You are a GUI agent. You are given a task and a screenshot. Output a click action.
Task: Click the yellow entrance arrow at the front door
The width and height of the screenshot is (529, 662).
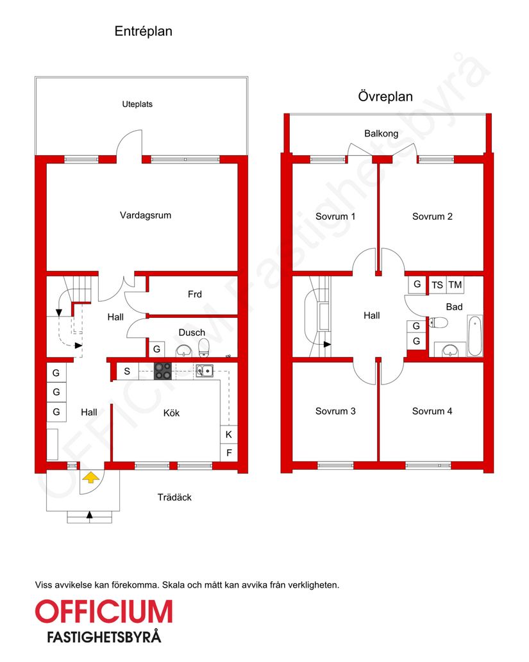coord(91,477)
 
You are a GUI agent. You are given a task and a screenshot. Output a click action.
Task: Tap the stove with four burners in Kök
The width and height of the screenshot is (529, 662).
coord(163,371)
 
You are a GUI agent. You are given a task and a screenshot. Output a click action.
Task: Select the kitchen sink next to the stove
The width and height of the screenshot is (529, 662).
coord(206,370)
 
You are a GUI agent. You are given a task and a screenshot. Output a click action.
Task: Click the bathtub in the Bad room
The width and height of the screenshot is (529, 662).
coord(474,335)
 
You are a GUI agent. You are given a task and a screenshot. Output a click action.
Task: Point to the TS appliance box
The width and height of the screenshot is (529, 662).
coord(437,285)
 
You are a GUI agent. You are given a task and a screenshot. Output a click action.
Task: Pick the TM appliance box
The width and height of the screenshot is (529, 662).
coord(455,285)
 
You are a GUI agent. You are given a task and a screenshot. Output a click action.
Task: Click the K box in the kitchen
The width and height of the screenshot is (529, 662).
coord(228,434)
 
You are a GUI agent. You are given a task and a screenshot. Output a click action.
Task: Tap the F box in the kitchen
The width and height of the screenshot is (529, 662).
coord(228,452)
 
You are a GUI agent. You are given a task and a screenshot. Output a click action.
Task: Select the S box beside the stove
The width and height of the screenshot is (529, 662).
coord(127,371)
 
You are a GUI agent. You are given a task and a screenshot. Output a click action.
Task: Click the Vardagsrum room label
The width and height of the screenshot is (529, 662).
coord(146,215)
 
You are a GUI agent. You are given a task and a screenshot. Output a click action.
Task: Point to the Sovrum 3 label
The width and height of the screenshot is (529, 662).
coord(335,411)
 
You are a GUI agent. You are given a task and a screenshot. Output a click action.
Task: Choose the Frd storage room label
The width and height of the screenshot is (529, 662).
coord(195,294)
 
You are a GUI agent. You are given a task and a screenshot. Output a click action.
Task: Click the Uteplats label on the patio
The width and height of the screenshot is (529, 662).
coord(137,104)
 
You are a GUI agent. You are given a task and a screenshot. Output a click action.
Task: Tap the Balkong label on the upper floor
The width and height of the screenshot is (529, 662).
coord(381,134)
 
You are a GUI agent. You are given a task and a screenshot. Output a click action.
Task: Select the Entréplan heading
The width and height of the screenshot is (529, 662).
coord(143,31)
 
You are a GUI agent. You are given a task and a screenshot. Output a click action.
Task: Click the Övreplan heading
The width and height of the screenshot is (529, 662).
coord(385,97)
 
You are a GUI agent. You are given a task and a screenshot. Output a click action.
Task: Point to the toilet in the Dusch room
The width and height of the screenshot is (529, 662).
coord(204,348)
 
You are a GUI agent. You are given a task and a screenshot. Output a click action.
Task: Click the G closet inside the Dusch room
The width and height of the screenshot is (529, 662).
coord(156,350)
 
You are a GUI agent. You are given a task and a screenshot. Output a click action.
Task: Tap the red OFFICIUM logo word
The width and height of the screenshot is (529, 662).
coord(104,612)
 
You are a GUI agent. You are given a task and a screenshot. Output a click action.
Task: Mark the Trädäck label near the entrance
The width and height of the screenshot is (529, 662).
coord(174,497)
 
